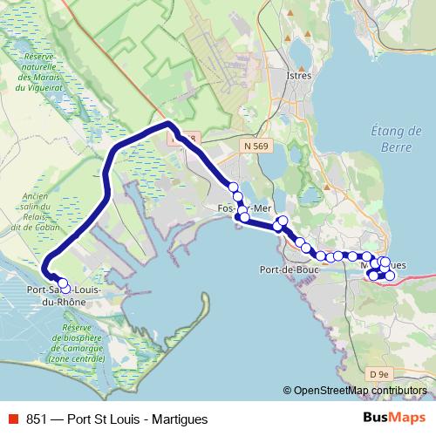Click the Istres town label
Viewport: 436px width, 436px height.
(x=299, y=77)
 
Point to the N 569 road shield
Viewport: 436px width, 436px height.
(x=255, y=147)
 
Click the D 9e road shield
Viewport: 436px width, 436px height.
(x=378, y=374)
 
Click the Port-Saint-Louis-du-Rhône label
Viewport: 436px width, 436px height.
(x=64, y=294)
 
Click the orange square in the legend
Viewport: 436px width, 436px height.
(x=11, y=419)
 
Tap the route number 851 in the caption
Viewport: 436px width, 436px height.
(x=37, y=419)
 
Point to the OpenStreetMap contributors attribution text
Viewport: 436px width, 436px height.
(x=360, y=390)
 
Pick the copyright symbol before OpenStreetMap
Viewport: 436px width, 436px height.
(x=287, y=390)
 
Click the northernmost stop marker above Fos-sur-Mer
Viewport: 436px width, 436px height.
(x=233, y=187)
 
